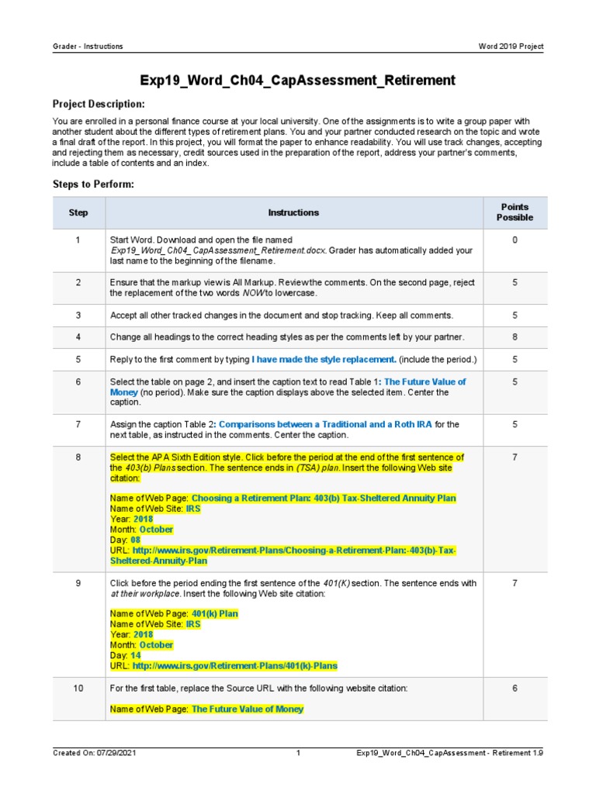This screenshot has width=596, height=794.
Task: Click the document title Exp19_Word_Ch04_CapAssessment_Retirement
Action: point(297,80)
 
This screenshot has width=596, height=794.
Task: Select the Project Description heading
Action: point(98,104)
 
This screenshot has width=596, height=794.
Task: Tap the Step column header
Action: point(78,212)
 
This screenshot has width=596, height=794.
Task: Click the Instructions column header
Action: point(293,212)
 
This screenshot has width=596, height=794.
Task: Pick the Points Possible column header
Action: point(515,212)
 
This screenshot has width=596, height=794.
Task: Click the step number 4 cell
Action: point(78,337)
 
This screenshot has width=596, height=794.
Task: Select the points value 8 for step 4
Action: point(515,337)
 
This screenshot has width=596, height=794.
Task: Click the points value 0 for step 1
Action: point(515,240)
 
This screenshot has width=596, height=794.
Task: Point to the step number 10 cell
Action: point(78,689)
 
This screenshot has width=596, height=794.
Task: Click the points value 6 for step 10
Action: point(515,689)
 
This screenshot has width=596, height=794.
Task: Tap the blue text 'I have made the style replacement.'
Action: point(324,360)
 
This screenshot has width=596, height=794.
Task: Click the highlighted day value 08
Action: point(135,540)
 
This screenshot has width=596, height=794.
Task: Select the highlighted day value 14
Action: point(135,655)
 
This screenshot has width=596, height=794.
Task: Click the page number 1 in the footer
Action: point(298,753)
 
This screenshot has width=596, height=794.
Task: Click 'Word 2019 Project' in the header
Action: point(511,47)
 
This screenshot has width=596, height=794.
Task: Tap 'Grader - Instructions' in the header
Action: point(87,47)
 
